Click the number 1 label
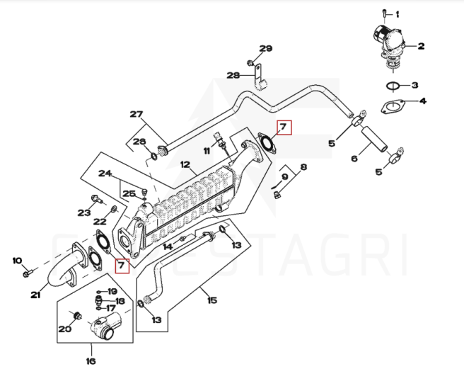pos(398,14)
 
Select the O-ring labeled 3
pos(393,86)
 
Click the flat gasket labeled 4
pos(391,107)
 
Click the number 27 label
pos(136,114)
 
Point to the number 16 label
pos(91,361)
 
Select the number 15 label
pos(211,300)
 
